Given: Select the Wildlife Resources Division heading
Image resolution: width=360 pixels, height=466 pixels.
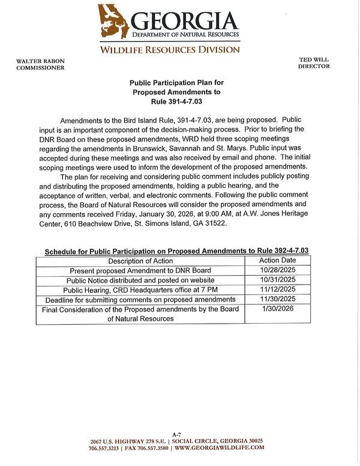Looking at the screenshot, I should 169,49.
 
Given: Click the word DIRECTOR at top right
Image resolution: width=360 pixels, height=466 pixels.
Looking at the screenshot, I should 314,66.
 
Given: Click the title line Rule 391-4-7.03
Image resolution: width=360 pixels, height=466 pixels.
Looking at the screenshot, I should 176,103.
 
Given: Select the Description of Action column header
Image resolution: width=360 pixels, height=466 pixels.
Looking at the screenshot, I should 140,261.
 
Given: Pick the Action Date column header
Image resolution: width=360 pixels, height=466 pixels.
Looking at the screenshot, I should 277,261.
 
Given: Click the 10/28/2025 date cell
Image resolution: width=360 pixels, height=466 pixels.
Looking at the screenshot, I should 277,271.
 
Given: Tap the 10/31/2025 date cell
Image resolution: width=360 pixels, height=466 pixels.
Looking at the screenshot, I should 277,280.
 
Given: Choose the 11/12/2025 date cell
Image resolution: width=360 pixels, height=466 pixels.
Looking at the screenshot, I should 277,289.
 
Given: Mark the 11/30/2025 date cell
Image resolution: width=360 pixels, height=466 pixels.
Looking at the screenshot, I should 277,299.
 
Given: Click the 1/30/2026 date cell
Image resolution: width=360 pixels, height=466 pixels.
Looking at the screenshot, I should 277,309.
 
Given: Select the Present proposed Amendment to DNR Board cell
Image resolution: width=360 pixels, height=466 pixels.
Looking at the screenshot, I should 140,271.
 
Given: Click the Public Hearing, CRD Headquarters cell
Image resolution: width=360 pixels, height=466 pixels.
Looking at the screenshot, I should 140,289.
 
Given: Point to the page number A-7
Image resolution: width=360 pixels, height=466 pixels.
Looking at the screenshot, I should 176,434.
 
